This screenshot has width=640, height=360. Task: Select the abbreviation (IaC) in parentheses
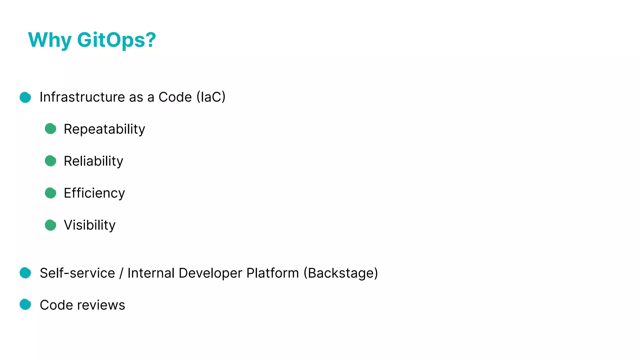click(x=211, y=97)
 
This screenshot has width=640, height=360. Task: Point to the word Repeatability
click(x=104, y=129)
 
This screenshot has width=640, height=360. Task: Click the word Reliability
click(x=93, y=161)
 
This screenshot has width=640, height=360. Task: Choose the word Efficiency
click(x=94, y=193)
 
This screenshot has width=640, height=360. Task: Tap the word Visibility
click(x=90, y=225)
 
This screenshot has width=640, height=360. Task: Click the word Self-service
click(x=77, y=273)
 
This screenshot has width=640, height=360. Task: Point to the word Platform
click(x=272, y=273)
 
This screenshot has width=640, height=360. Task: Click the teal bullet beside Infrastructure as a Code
click(x=25, y=97)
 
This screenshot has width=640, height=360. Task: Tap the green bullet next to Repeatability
click(x=50, y=129)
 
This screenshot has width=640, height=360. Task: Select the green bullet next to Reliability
click(x=50, y=161)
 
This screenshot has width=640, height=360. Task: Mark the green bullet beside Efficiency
click(x=50, y=193)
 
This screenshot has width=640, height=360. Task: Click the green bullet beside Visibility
click(x=50, y=225)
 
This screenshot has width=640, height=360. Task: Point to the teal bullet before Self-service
click(x=25, y=273)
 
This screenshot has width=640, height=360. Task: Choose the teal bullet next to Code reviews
click(x=25, y=304)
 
